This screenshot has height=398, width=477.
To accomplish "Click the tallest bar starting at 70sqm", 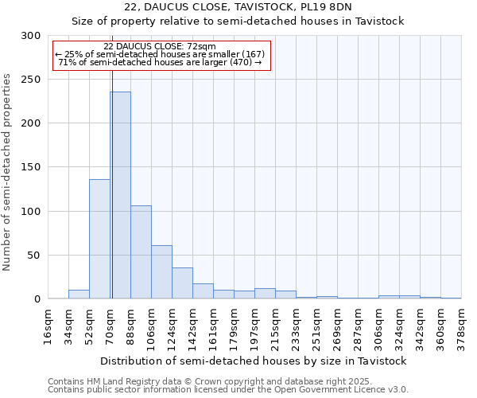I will pos(120,195).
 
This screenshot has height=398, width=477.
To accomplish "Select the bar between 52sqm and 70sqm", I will pos(99,239).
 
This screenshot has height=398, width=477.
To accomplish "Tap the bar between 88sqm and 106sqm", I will pos(141,252).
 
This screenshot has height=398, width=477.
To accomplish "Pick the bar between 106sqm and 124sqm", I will pos(161,272).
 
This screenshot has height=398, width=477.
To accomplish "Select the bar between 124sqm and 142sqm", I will pos(182,283).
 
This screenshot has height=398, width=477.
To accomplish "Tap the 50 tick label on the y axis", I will pos(36,256).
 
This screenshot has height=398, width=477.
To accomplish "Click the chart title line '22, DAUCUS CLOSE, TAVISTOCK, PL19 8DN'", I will pos(238,7).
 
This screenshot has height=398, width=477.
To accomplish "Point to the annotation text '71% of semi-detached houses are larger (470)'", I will pos(161,62).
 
